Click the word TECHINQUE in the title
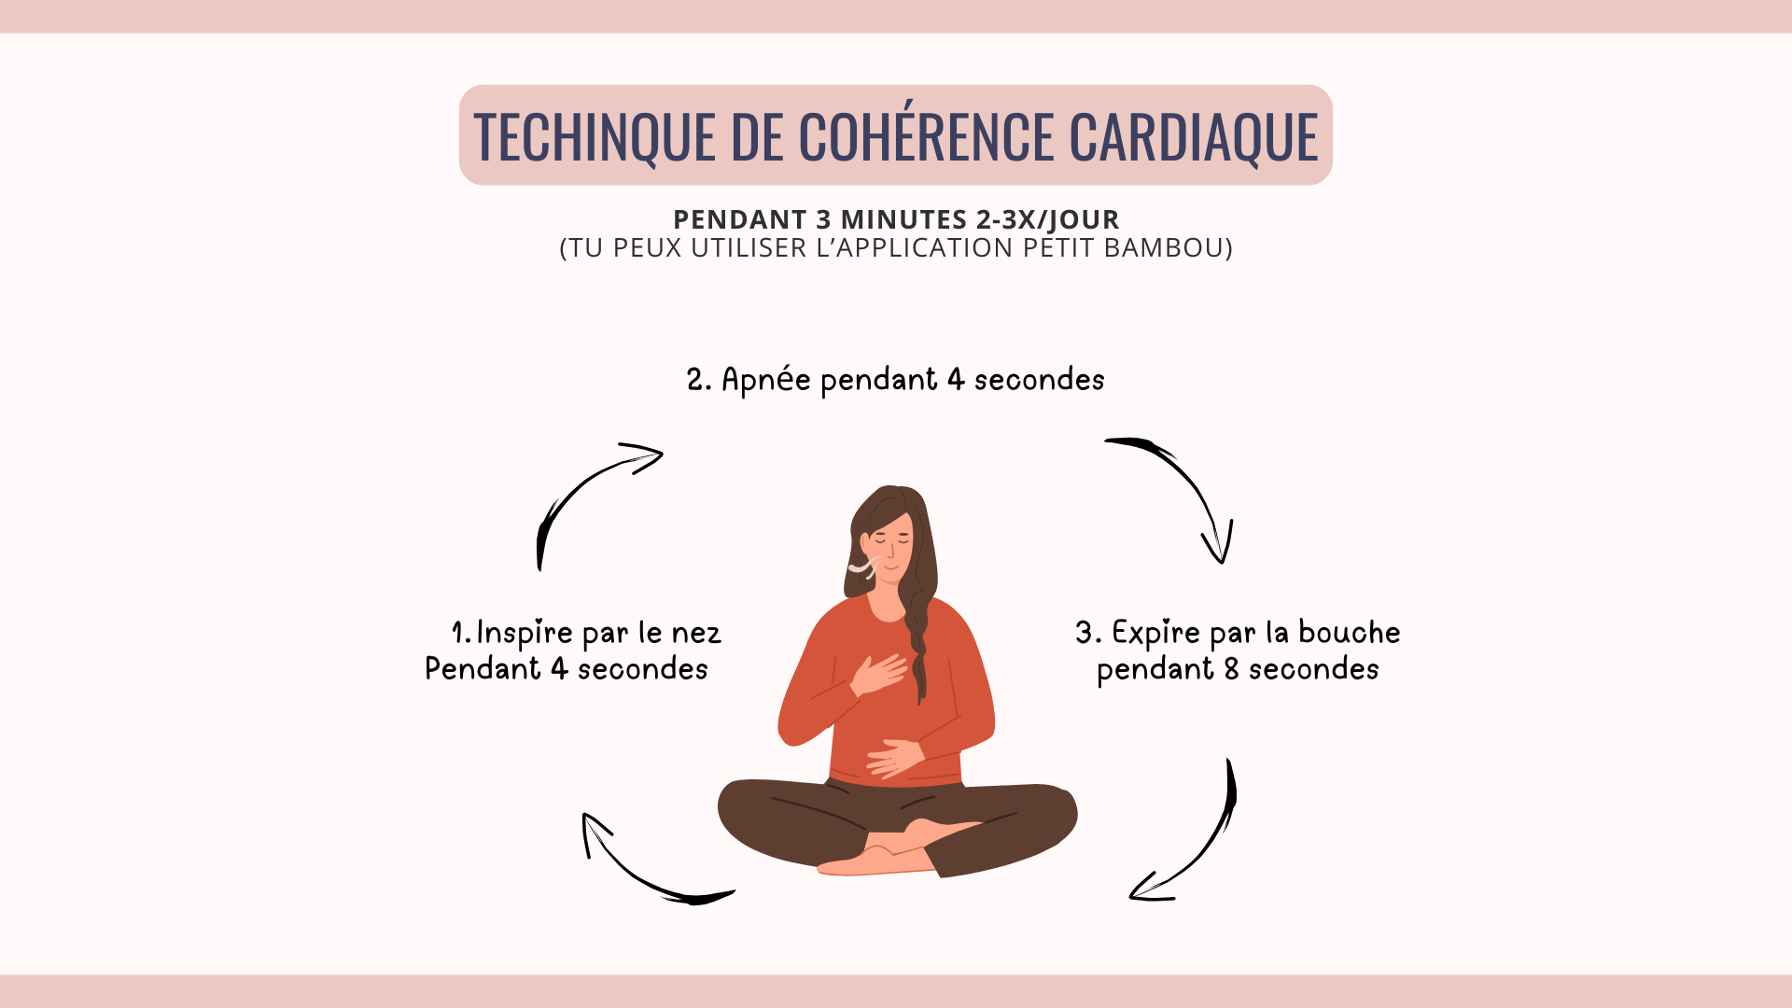[595, 137]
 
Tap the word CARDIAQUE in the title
[1194, 137]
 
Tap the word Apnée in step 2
[766, 380]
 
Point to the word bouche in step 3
[1350, 633]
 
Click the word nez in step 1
[696, 635]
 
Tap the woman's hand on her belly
[895, 757]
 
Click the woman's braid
[918, 644]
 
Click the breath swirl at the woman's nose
[864, 566]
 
